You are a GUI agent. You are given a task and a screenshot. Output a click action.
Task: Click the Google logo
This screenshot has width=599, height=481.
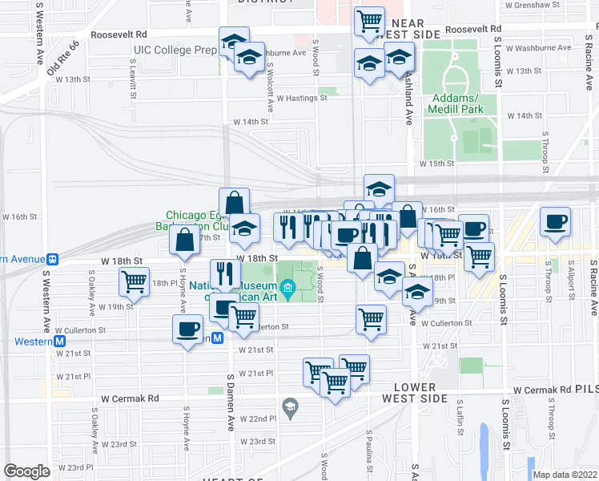click(x=26, y=471)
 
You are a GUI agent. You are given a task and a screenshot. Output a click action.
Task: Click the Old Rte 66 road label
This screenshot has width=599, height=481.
click(x=63, y=61)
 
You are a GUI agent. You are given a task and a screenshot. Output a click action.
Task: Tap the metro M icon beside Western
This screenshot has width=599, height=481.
click(x=59, y=341)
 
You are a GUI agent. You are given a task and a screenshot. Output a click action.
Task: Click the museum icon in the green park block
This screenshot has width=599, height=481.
click(x=288, y=286)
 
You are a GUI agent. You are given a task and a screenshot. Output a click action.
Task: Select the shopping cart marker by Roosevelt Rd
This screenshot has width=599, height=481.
click(x=369, y=22)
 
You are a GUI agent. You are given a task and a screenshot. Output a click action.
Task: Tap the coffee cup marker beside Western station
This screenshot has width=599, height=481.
click(x=188, y=329)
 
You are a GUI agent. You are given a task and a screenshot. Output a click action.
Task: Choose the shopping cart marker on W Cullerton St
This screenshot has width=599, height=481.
click(x=371, y=318)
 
